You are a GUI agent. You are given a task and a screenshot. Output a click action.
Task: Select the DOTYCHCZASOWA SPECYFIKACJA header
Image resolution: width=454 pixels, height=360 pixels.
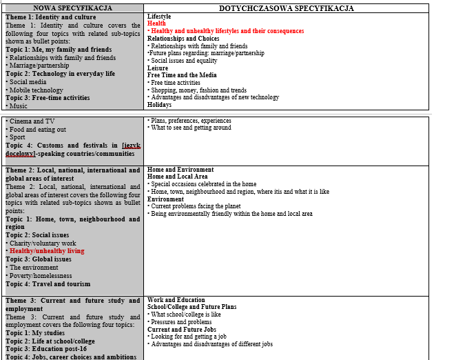coord(286,8)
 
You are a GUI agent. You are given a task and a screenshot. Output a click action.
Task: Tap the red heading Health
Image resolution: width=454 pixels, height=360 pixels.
coord(156,23)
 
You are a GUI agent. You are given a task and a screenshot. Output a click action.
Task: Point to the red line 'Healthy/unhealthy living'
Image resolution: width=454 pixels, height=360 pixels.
coord(46,251)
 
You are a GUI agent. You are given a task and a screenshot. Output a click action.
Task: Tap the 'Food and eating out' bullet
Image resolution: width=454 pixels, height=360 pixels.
coord(38,130)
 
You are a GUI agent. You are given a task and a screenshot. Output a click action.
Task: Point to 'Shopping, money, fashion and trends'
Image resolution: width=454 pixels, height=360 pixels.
coord(198,90)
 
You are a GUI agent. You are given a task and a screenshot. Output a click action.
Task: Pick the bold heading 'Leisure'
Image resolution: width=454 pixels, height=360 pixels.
coord(158,68)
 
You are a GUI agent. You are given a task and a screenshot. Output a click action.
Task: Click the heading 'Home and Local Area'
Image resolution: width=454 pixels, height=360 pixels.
coord(177,177)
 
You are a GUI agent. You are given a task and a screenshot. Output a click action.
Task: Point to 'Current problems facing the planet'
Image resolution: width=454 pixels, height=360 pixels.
coord(196,206)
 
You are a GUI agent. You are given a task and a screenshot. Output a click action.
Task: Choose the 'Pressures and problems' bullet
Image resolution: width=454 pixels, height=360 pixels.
coord(181,322)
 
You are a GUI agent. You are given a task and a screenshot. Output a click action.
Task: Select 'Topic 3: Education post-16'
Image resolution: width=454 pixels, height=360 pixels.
coord(46,348)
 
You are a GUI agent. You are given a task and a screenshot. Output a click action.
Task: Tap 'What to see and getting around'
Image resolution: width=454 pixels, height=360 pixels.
coord(190,128)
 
